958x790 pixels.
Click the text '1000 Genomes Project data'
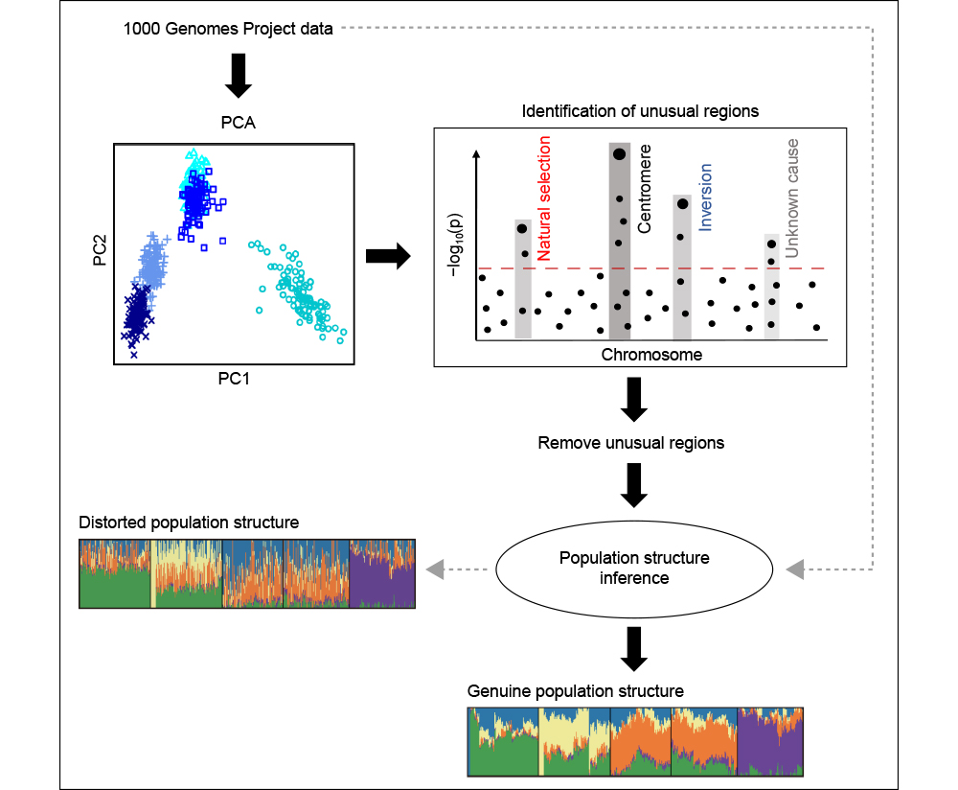coord(228,29)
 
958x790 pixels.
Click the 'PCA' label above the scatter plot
coord(238,124)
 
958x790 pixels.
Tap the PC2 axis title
coord(99,251)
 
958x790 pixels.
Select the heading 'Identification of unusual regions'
coord(640,111)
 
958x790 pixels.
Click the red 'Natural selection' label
coord(544,198)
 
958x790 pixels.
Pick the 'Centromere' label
coord(645,190)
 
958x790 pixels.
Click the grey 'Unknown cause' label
coord(791,197)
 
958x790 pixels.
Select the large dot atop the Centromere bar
coord(620,153)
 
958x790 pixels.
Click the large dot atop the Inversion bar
coord(682,202)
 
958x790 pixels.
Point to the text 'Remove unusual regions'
coord(630,444)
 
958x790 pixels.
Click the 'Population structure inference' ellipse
coord(633,569)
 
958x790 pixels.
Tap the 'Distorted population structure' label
coord(189,523)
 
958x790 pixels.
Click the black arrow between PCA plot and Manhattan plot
coord(388,256)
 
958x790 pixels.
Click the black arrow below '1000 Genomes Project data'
coord(238,76)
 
